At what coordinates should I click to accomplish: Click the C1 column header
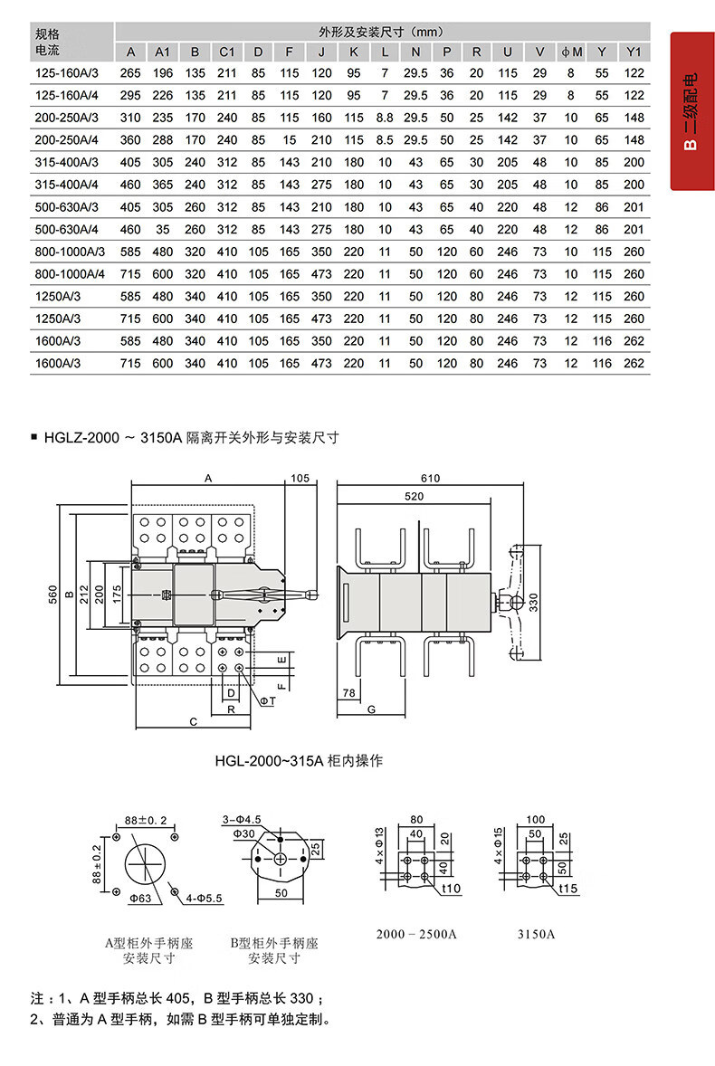227,52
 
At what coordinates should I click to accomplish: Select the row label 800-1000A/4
70,274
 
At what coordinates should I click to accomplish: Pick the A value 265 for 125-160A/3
130,72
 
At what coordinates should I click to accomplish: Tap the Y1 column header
634,52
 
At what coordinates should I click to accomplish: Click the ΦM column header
571,52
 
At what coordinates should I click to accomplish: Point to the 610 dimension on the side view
430,479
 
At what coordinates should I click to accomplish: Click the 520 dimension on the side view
414,496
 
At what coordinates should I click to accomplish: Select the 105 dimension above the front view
300,479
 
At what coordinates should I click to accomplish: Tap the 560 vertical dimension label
53,595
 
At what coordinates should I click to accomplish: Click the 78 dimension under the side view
348,693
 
